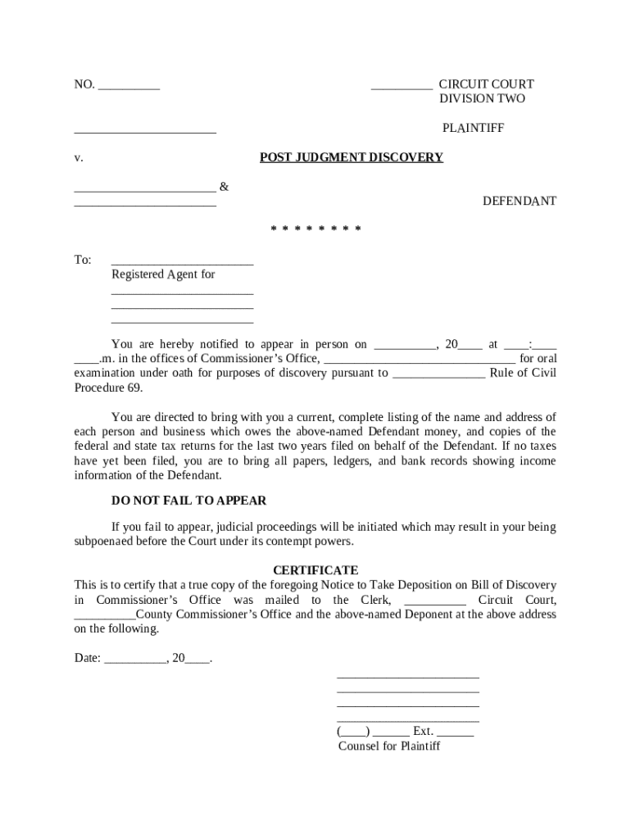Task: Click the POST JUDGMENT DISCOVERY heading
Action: tap(352, 157)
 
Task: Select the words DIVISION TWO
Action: tap(482, 99)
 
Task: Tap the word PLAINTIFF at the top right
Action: tap(473, 129)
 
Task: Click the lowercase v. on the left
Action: tap(78, 158)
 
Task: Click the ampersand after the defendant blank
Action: tap(225, 188)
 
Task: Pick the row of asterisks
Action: tap(315, 229)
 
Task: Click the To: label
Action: tap(83, 260)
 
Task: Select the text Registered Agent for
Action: tap(163, 274)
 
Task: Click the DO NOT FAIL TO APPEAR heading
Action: tap(188, 501)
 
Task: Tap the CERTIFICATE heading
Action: tap(315, 570)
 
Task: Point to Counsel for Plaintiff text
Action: tap(389, 746)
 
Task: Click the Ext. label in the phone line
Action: tap(423, 731)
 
